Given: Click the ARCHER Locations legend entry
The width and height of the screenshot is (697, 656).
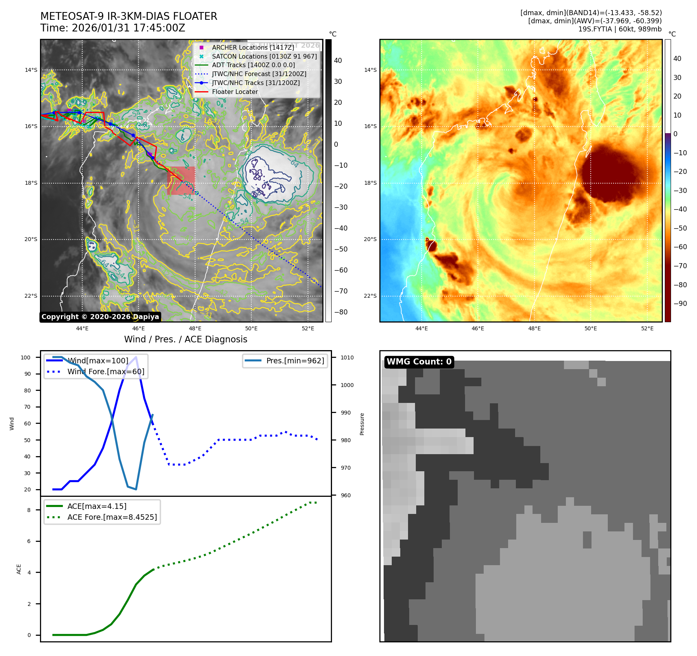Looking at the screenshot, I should pyautogui.click(x=253, y=47).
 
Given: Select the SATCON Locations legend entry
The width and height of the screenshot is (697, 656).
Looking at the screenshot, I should pyautogui.click(x=264, y=56).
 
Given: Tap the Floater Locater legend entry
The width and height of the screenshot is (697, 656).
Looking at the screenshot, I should pyautogui.click(x=235, y=92).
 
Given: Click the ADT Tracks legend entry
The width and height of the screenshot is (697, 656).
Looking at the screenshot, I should pyautogui.click(x=253, y=65).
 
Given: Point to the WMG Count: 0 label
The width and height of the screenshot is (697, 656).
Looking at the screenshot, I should pyautogui.click(x=419, y=362).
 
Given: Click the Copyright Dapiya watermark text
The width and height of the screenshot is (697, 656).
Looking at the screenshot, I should pyautogui.click(x=100, y=317).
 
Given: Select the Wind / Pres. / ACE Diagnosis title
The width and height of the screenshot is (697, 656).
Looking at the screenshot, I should pyautogui.click(x=185, y=339).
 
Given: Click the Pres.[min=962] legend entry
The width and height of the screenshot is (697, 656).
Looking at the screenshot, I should pyautogui.click(x=295, y=361).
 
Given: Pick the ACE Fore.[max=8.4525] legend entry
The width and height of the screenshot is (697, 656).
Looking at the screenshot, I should pyautogui.click(x=112, y=517).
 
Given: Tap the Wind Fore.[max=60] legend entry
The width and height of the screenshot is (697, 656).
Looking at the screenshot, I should pyautogui.click(x=106, y=371).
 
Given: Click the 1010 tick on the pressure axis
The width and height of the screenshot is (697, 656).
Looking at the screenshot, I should pyautogui.click(x=347, y=358).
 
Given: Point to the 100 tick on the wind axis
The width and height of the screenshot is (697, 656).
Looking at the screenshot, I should pyautogui.click(x=26, y=358).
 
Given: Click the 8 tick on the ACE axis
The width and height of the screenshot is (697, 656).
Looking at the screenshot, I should pyautogui.click(x=29, y=510).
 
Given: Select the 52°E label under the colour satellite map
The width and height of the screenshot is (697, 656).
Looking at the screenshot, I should pyautogui.click(x=647, y=328).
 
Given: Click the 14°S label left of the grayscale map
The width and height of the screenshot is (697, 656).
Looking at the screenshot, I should pyautogui.click(x=31, y=70).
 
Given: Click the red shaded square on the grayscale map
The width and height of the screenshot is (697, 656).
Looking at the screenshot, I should pyautogui.click(x=181, y=180).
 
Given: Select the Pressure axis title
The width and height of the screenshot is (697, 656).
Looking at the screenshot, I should pyautogui.click(x=362, y=424).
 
